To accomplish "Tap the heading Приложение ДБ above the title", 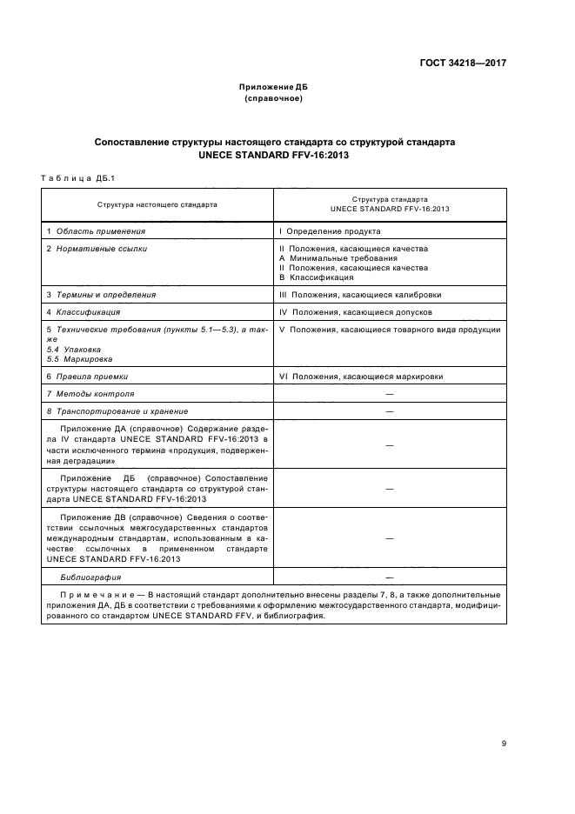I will (x=274, y=89).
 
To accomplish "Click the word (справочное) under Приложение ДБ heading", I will (x=274, y=99).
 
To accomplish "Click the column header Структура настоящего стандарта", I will (x=157, y=204).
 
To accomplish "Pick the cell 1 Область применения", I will (x=96, y=231).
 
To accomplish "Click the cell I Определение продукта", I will (x=330, y=231).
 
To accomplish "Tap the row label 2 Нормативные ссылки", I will (x=97, y=249).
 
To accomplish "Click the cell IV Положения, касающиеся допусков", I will (x=355, y=311).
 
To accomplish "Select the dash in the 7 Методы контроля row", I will (x=389, y=394).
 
